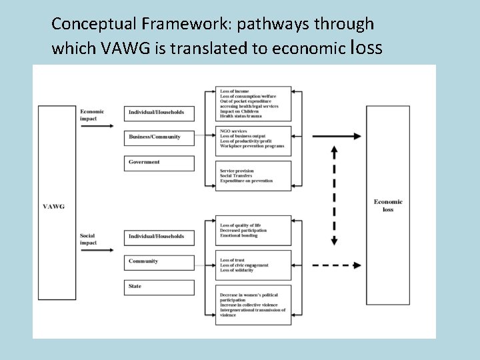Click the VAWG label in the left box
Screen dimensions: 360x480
(53, 207)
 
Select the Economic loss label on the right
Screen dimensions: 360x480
(388, 205)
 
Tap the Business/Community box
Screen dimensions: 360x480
(159, 137)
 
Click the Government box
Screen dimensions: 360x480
(159, 163)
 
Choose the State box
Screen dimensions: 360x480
(159, 287)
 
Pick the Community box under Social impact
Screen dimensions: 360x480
(159, 261)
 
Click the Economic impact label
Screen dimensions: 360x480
(92, 115)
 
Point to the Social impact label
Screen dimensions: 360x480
(88, 239)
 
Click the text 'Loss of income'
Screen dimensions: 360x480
(234, 91)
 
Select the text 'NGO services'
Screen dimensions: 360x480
(234, 131)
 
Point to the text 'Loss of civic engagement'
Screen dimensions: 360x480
(244, 265)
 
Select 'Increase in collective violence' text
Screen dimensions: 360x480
(249, 305)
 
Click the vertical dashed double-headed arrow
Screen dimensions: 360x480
(334, 197)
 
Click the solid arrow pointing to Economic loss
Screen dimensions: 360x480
(337, 137)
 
